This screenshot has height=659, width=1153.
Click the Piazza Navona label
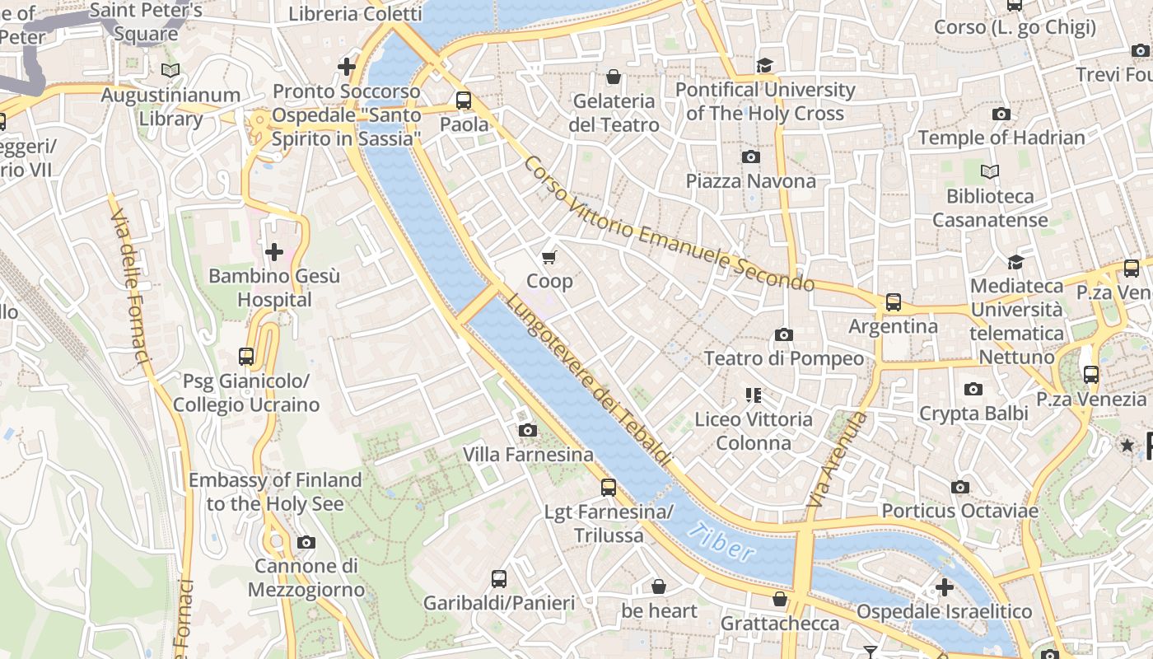click(750, 181)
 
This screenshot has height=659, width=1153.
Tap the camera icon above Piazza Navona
click(750, 157)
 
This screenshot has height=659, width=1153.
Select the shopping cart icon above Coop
click(549, 257)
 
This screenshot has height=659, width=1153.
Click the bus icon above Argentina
click(893, 301)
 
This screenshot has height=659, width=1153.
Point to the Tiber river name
click(721, 541)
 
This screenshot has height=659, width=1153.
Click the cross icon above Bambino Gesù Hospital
click(274, 251)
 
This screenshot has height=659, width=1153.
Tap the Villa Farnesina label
click(527, 455)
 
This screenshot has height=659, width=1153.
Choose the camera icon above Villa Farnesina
click(527, 430)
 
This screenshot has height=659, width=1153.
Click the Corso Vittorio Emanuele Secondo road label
click(667, 222)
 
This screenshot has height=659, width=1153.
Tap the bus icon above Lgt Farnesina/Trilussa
click(608, 487)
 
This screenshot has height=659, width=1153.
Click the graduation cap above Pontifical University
click(765, 65)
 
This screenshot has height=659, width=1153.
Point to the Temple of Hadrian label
click(1001, 138)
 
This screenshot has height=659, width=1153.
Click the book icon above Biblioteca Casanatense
click(990, 171)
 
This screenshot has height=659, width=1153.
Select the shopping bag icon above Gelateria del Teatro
click(614, 77)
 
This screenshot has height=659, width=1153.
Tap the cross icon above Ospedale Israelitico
click(944, 587)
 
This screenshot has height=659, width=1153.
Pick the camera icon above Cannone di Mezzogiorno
click(306, 542)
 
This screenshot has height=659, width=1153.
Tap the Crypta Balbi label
click(973, 414)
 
